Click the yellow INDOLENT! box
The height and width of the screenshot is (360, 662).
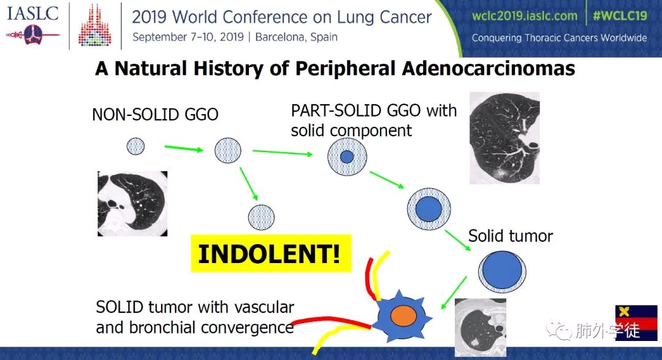271,253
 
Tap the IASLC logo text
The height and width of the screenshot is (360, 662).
32,13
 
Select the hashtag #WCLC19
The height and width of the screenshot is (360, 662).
620,16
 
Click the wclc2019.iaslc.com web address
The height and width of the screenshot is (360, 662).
524,16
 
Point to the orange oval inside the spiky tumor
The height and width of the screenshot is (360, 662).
403,316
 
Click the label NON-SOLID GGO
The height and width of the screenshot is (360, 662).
155,115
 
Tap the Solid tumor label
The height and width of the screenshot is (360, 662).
511,236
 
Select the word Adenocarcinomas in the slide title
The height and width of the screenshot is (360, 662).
489,69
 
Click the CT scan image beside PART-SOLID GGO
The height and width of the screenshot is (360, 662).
504,138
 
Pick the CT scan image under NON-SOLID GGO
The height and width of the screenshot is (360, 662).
132,204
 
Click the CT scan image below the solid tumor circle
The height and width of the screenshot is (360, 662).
481,327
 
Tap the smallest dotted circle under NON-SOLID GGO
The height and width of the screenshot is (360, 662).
135,147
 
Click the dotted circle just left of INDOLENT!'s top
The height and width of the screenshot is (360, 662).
261,218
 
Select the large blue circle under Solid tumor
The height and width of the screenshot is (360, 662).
502,271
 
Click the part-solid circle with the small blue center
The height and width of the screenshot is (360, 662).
347,157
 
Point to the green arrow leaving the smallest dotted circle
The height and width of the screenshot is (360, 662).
184,148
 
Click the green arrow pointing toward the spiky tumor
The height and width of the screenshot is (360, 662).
454,293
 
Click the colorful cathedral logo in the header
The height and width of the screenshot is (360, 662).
94,25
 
